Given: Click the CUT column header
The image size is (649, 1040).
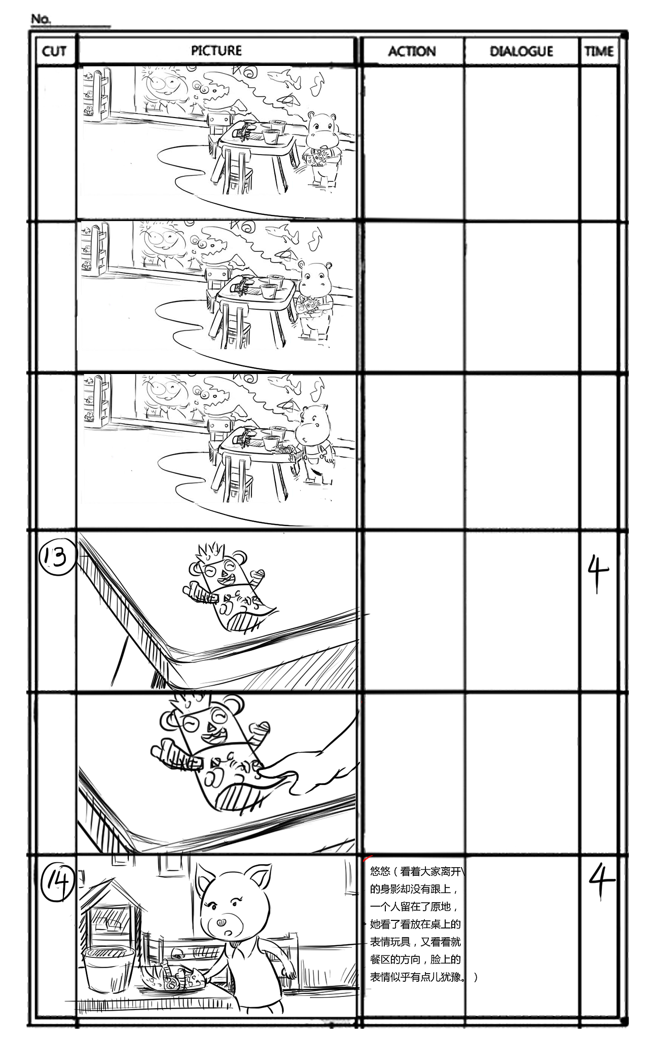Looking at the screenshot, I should tap(54, 51).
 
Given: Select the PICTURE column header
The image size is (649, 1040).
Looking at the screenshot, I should tap(216, 51).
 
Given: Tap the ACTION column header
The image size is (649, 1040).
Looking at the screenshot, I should tap(412, 51).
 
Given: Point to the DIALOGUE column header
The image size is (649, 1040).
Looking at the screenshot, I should tap(521, 51).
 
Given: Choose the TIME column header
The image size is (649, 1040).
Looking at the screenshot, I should tap(599, 51).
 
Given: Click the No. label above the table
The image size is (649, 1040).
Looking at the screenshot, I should tap(41, 19).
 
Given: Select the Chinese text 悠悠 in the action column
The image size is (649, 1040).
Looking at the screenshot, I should tap(380, 871).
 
